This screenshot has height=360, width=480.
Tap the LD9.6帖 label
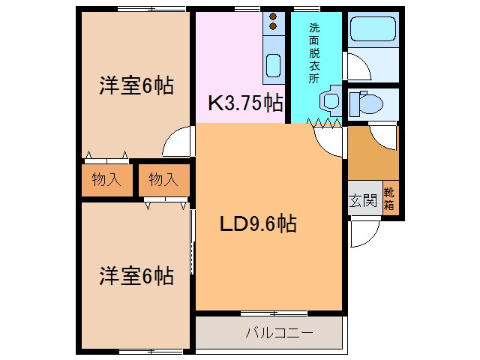(x=257, y=223)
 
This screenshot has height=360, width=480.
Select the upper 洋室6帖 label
(x=136, y=85)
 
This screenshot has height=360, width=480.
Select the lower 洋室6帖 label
(x=136, y=276)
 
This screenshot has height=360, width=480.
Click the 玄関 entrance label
(x=362, y=200)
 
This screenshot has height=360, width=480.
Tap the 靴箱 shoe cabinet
(x=391, y=199)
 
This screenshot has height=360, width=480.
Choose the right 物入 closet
(x=162, y=180)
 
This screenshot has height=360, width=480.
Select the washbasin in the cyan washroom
(x=328, y=102)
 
